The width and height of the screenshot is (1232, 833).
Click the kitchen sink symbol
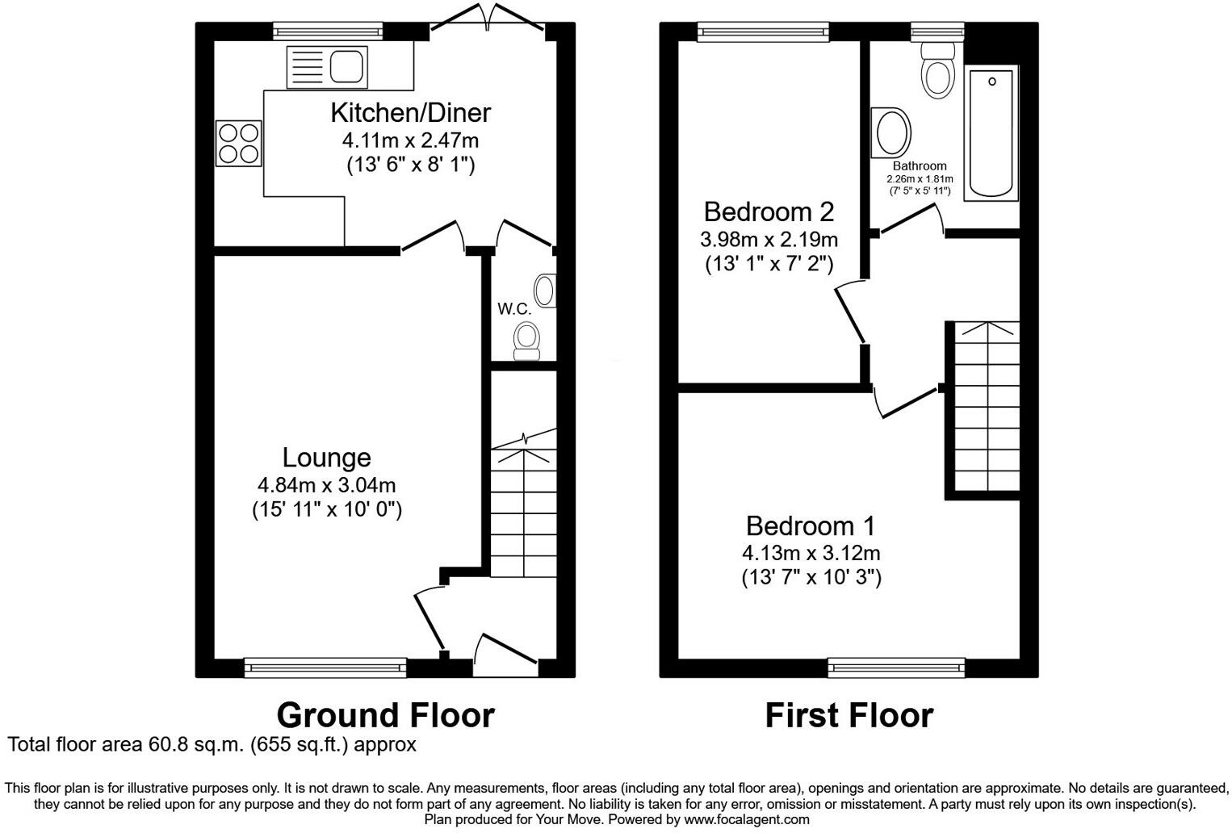[x=326, y=67]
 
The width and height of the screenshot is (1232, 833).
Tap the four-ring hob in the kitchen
[x=238, y=144]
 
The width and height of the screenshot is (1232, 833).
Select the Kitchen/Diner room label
[x=410, y=112]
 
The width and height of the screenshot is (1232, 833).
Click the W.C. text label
[x=514, y=309]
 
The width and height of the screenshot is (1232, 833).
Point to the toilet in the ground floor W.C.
[x=528, y=341]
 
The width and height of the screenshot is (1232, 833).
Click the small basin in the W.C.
[x=547, y=291]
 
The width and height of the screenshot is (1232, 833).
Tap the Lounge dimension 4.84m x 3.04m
[x=326, y=485]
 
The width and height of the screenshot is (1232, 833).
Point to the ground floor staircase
[x=523, y=509]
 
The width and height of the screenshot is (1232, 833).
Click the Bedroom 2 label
[x=768, y=211]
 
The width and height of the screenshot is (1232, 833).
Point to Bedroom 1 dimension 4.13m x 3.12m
[x=811, y=553]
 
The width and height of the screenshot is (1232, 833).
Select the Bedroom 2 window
[x=763, y=31]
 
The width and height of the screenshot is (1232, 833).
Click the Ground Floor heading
[x=385, y=715]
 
